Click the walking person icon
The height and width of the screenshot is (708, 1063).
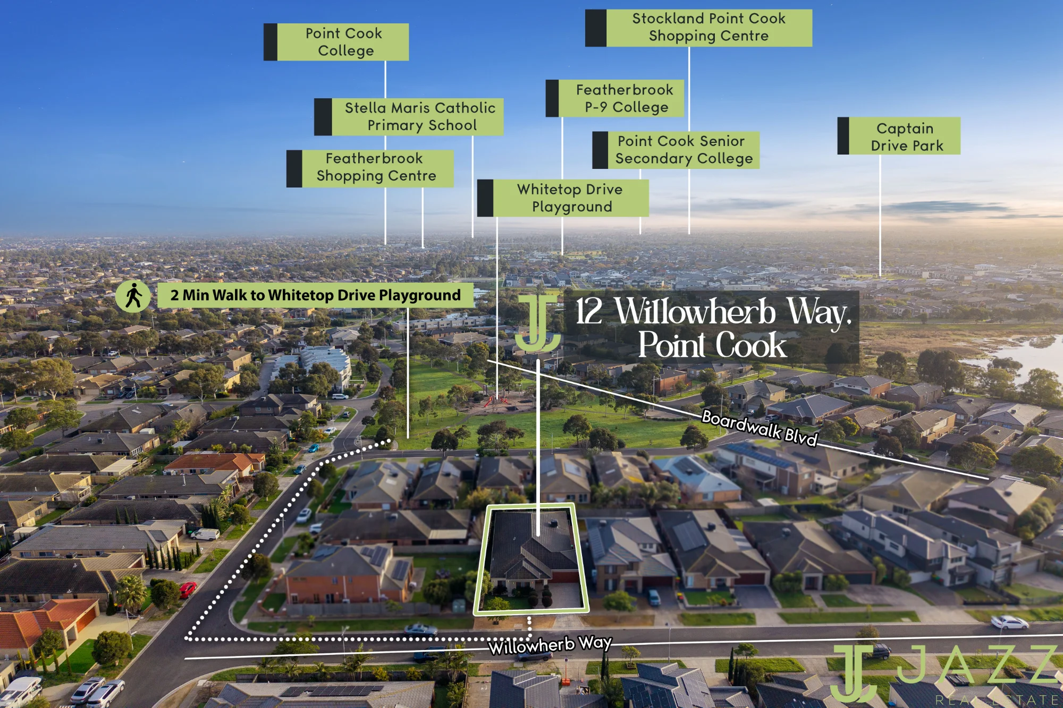pyautogui.click(x=133, y=296)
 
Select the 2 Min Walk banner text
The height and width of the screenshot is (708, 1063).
pyautogui.click(x=316, y=295)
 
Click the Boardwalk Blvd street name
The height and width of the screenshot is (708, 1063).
pyautogui.click(x=760, y=428)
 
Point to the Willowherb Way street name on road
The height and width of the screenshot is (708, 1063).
pyautogui.click(x=550, y=645)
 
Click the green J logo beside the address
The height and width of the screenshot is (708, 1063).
pyautogui.click(x=538, y=323)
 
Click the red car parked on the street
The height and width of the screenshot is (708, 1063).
pyautogui.click(x=188, y=589)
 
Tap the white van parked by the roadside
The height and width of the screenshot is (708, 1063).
pyautogui.click(x=205, y=534)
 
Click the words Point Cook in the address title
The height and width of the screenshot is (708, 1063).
pyautogui.click(x=712, y=345)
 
